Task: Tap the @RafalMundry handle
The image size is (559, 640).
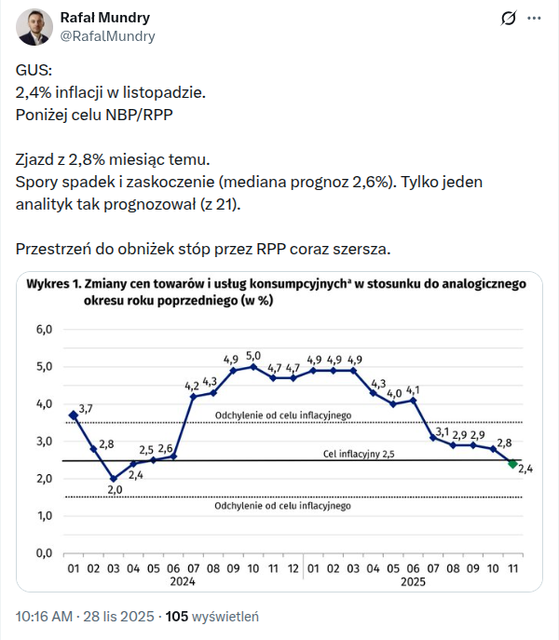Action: coord(107,36)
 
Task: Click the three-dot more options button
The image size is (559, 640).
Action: coord(534,19)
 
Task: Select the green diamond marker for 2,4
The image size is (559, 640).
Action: coord(512,463)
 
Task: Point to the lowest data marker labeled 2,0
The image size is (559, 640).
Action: coord(114,478)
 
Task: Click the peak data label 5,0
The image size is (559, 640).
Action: coord(253,355)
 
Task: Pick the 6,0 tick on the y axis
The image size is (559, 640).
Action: coord(44,330)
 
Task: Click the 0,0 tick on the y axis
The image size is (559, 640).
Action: coord(44,552)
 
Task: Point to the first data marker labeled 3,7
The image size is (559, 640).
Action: coord(74,415)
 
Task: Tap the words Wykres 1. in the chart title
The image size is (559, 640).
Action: coord(55,283)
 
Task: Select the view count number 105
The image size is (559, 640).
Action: coord(177,616)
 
